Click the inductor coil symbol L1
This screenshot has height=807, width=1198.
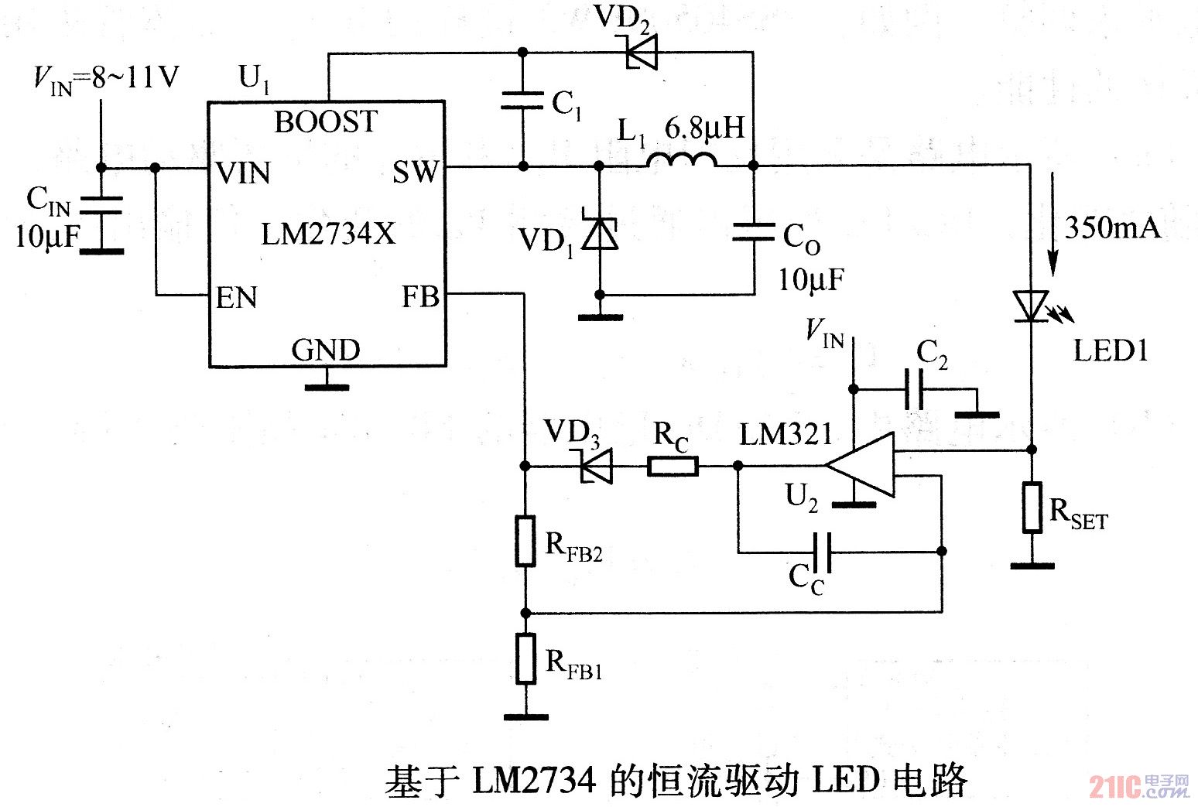pyautogui.click(x=682, y=160)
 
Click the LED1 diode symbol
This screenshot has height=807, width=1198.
pyautogui.click(x=1032, y=306)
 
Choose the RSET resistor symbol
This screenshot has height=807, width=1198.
pyautogui.click(x=1032, y=508)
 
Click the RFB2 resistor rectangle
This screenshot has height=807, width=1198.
pyautogui.click(x=525, y=541)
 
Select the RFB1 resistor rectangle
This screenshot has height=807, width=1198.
pyautogui.click(x=525, y=658)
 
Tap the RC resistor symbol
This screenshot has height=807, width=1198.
pyautogui.click(x=673, y=466)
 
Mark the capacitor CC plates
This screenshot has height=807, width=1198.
pyautogui.click(x=821, y=552)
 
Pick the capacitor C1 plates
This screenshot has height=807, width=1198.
pyautogui.click(x=523, y=101)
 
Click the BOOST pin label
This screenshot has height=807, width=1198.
pyautogui.click(x=326, y=122)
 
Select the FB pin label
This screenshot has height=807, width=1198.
pyautogui.click(x=420, y=296)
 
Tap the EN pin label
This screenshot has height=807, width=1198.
pyautogui.click(x=236, y=298)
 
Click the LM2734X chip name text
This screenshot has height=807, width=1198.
pyautogui.click(x=328, y=234)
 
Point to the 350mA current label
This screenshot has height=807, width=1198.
pyautogui.click(x=1112, y=227)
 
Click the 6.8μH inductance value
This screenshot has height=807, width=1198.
pyautogui.click(x=704, y=128)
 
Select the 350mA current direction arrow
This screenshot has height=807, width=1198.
pyautogui.click(x=1053, y=224)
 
